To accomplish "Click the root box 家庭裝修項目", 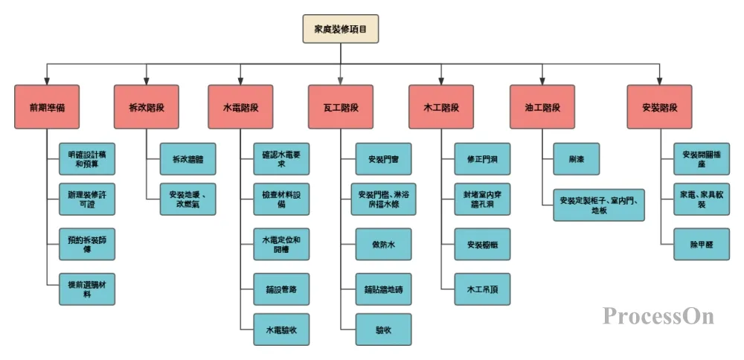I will pyautogui.click(x=341, y=29).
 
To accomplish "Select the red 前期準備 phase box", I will pyautogui.click(x=47, y=107).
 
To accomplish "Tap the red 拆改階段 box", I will pyautogui.click(x=147, y=107).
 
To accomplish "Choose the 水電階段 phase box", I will pyautogui.click(x=241, y=107).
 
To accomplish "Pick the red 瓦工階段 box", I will pyautogui.click(x=341, y=107).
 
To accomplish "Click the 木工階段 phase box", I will pyautogui.click(x=441, y=107).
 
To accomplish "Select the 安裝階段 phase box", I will pyautogui.click(x=659, y=107).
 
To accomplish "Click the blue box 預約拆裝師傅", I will pyautogui.click(x=87, y=244).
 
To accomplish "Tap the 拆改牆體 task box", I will pyautogui.click(x=188, y=159).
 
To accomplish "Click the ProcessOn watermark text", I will pyautogui.click(x=658, y=316).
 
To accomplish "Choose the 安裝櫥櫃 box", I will pyautogui.click(x=482, y=244).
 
